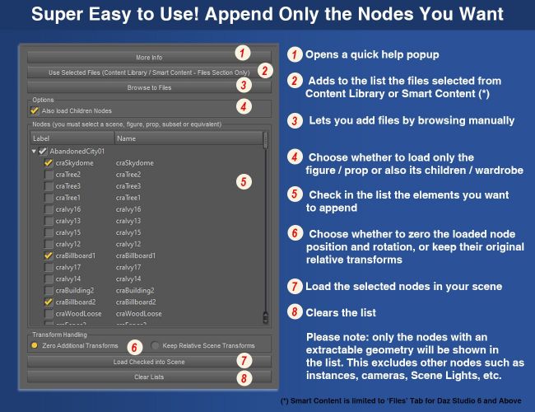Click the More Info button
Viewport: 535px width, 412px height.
[x=149, y=57]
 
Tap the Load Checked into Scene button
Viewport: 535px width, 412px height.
[x=149, y=362]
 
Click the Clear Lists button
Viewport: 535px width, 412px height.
[x=149, y=377]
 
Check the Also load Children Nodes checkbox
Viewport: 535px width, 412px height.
[x=35, y=110]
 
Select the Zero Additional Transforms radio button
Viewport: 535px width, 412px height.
[x=35, y=345]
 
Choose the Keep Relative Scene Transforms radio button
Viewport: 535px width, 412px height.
[x=155, y=345]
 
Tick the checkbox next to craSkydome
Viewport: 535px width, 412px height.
[x=49, y=163]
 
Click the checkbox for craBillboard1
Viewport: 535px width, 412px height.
[x=49, y=255]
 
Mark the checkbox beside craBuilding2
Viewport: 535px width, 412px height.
[x=49, y=290]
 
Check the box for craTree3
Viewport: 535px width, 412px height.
[x=49, y=186]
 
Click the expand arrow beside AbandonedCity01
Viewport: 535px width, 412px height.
[x=34, y=151]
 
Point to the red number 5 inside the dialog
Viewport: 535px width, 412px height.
[x=244, y=182]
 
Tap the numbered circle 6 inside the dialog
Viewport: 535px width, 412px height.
[x=134, y=348]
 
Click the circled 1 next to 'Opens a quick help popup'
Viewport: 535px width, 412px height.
[x=295, y=54]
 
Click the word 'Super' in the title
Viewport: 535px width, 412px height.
[x=57, y=14]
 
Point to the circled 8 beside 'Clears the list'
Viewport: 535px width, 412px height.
[x=295, y=312]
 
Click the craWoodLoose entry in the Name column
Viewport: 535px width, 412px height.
[x=139, y=314]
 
